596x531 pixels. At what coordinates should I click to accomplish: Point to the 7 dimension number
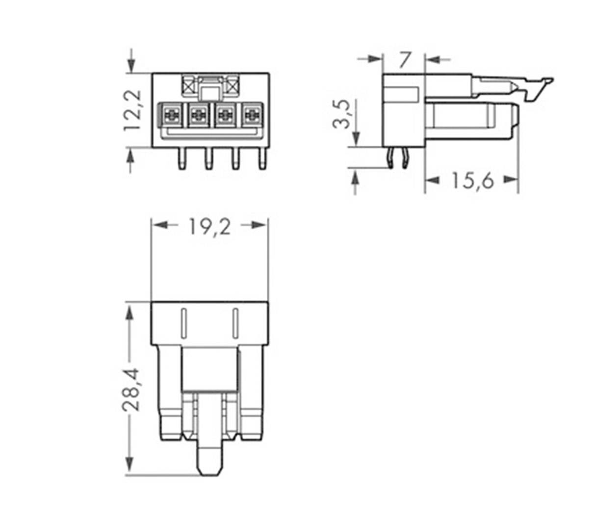click(x=404, y=60)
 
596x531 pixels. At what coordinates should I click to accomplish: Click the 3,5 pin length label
click(x=342, y=114)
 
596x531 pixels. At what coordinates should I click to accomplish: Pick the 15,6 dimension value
click(x=472, y=181)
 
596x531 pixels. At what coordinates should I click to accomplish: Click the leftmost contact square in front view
click(x=171, y=115)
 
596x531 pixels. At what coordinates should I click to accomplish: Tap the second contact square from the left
click(x=198, y=115)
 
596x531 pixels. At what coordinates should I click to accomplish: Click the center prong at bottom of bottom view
click(x=209, y=456)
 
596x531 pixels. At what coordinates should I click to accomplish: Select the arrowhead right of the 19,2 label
click(x=259, y=225)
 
